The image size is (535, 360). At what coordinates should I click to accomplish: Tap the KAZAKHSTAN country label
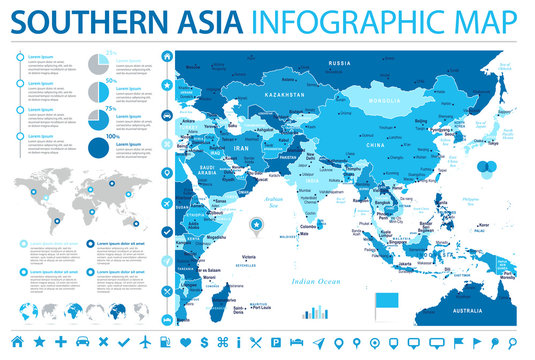(285, 93)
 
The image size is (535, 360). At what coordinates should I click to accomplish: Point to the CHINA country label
(376, 145)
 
